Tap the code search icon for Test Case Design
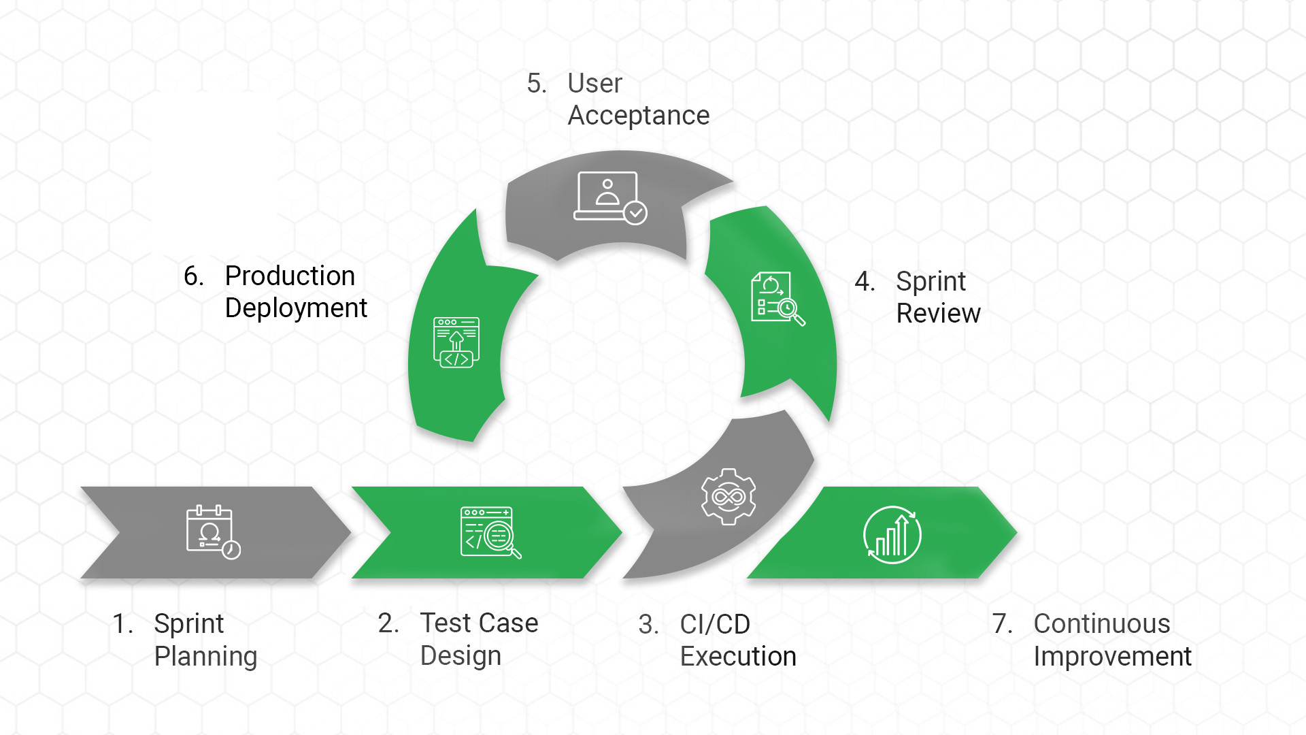[x=490, y=532]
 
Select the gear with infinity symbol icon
[x=729, y=497]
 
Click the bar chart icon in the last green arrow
[x=892, y=535]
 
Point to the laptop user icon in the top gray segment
[x=609, y=197]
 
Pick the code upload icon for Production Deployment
[x=456, y=342]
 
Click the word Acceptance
[x=638, y=116]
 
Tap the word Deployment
[x=296, y=308]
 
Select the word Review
[x=938, y=314]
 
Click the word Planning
[x=205, y=657]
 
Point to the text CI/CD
[x=715, y=624]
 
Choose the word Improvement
[x=1112, y=657]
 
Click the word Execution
[x=738, y=657]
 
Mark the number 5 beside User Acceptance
[x=535, y=84]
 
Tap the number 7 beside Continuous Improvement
[x=1001, y=624]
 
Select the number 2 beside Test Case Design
[x=387, y=623]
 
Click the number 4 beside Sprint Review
[x=863, y=282]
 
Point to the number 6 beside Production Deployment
[x=192, y=276]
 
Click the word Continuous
[x=1102, y=624]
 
